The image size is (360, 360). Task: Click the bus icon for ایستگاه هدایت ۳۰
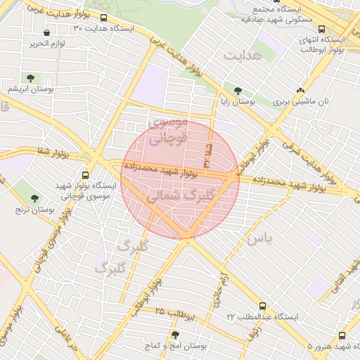[104, 18]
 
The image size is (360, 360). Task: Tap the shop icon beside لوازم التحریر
[46, 32]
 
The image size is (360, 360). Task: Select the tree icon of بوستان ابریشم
[30, 78]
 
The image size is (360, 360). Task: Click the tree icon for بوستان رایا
[238, 91]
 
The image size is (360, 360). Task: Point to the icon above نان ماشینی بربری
[301, 91]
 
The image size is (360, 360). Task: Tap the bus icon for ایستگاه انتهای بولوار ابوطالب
[321, 29]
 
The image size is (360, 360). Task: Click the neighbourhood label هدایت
[242, 54]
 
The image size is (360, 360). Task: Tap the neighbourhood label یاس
[257, 239]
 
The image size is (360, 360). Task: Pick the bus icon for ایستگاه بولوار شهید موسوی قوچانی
[86, 174]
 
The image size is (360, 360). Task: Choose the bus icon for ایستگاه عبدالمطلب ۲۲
[262, 307]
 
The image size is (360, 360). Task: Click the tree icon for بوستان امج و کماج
[175, 335]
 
